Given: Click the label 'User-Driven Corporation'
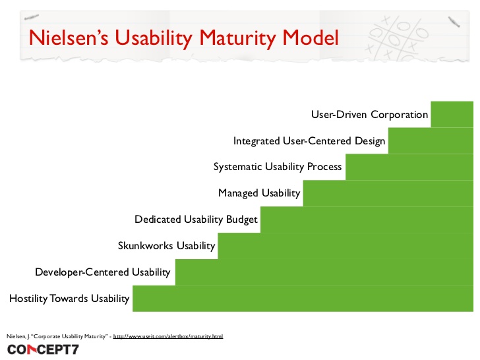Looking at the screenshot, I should click(x=369, y=114).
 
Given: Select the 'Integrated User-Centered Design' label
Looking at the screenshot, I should click(x=309, y=140).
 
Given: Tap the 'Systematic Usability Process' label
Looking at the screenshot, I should click(x=278, y=167).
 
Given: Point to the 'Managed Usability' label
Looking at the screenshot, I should click(x=259, y=193).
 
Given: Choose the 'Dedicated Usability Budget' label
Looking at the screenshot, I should click(x=196, y=220).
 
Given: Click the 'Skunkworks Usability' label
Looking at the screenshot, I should click(x=166, y=246).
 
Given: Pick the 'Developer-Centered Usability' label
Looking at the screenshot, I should click(x=102, y=272).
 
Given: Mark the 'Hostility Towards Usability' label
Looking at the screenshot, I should click(x=69, y=298).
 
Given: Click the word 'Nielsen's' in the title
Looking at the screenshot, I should click(x=68, y=37).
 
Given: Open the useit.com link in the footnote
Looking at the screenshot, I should click(x=168, y=336).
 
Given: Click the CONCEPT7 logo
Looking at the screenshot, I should click(x=43, y=349).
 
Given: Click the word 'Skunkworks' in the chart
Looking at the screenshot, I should click(x=146, y=246).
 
